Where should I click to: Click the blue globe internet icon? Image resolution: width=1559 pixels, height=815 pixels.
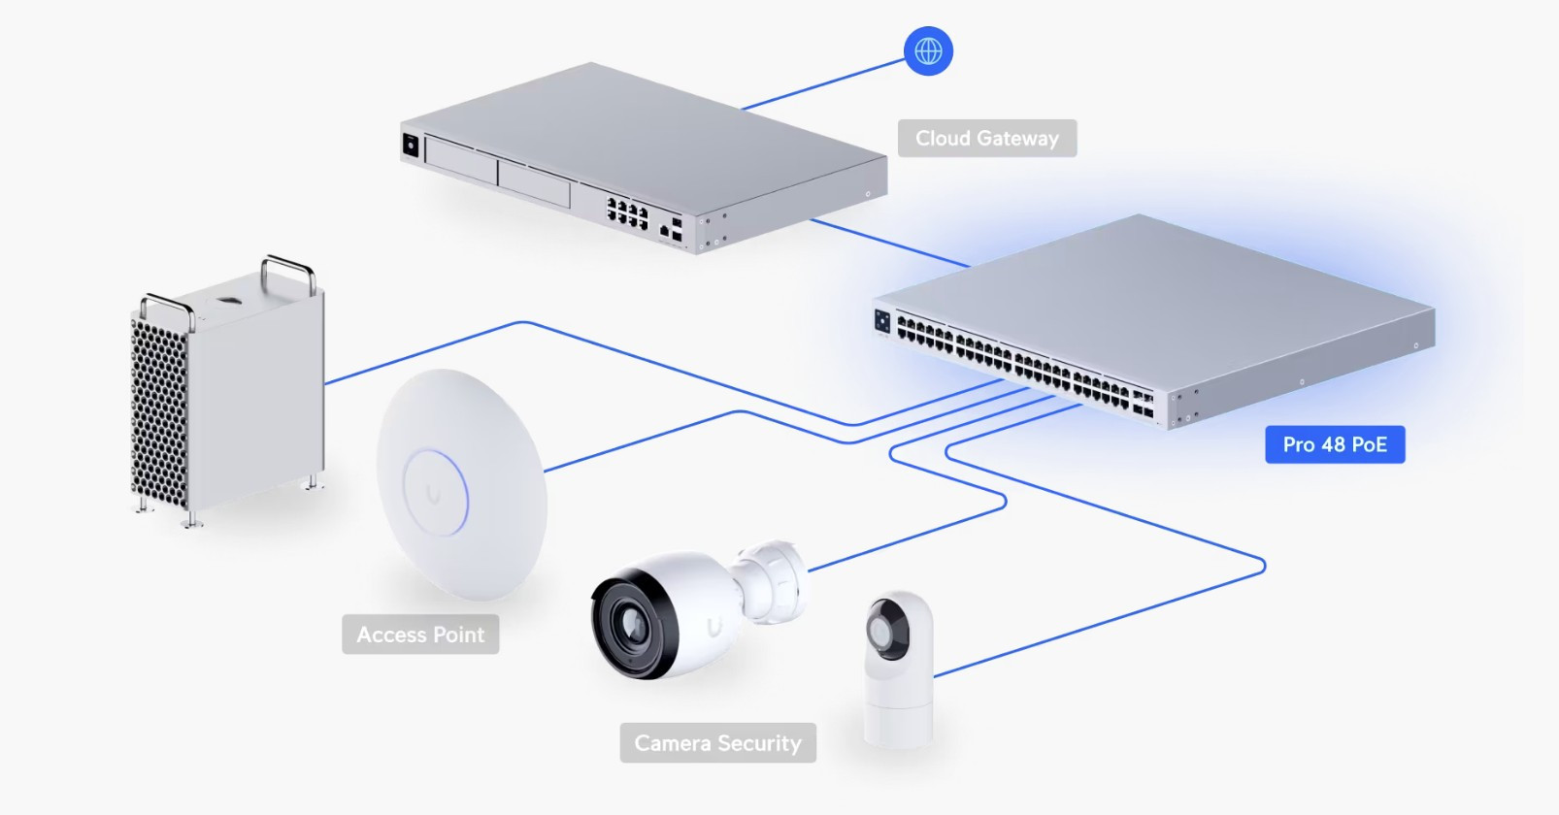click(928, 50)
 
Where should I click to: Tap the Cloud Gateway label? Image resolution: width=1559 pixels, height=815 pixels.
click(986, 139)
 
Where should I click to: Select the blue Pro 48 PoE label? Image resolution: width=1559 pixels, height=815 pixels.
click(1335, 444)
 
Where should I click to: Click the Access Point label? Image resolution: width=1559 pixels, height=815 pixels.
click(420, 635)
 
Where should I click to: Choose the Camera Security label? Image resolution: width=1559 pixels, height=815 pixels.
click(717, 743)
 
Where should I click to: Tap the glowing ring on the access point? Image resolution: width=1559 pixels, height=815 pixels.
click(435, 493)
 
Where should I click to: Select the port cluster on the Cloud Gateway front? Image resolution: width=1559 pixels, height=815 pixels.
click(627, 213)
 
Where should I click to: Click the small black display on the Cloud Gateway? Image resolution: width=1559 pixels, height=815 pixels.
click(411, 146)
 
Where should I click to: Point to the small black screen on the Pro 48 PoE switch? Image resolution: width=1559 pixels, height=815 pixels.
click(882, 320)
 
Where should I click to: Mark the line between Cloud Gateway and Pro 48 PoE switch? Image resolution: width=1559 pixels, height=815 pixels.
click(888, 243)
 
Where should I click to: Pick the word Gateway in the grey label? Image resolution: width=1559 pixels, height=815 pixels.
click(1018, 139)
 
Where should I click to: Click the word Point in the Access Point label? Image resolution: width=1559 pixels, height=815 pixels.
click(458, 635)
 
